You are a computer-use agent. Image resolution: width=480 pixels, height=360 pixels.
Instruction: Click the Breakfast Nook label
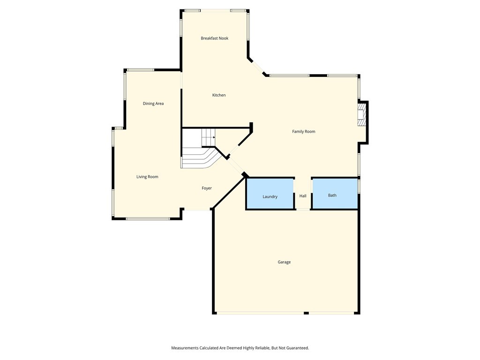214,38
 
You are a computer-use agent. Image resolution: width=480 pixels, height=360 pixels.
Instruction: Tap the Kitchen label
219,95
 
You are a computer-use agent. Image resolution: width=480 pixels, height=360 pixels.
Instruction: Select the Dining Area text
153,104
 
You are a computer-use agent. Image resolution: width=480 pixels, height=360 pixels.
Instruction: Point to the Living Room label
147,177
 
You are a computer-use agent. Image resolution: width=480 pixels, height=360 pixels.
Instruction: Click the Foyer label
207,188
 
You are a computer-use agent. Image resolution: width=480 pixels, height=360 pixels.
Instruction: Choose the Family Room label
304,132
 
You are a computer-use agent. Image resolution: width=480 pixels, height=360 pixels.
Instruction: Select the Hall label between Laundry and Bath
303,196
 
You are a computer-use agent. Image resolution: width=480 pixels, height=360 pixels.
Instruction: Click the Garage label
284,262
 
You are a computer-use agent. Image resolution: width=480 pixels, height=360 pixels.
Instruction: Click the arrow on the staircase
213,137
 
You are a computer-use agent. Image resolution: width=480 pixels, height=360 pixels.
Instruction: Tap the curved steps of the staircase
199,158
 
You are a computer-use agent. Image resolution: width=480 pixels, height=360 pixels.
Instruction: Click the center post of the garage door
306,313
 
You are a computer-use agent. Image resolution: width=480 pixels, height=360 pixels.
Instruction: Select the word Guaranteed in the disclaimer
296,348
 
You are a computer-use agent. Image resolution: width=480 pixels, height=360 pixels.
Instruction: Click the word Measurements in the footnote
185,348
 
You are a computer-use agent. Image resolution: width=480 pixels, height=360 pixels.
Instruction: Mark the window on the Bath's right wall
359,186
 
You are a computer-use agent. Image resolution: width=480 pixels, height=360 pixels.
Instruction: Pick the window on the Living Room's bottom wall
148,219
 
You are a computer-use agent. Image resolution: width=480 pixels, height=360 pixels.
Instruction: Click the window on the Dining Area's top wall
141,70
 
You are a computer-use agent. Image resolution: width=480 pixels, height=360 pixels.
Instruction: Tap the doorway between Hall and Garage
303,210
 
